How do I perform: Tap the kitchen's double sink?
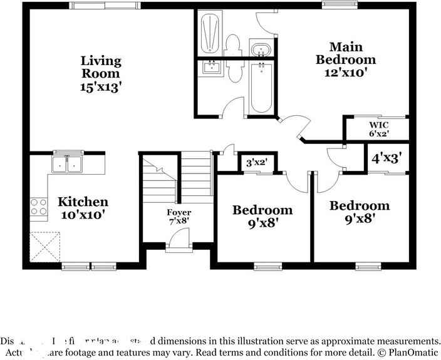tap(66, 164)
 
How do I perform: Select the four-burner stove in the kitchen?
tap(39, 207)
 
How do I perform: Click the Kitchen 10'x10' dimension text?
tap(82, 215)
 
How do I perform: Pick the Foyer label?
tap(179, 213)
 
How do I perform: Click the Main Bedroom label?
tap(346, 53)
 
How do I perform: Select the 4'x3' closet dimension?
tap(387, 158)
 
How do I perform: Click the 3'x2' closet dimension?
tap(256, 162)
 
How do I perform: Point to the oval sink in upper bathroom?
tap(259, 49)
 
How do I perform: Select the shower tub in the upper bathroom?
tap(210, 33)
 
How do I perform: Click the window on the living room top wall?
tap(103, 6)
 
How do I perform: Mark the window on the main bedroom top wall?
tap(340, 6)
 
